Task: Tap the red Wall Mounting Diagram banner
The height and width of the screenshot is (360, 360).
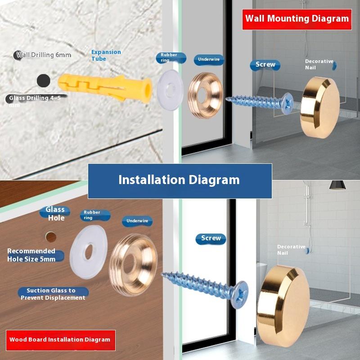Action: (x=297, y=19)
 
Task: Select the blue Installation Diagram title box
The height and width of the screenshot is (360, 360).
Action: (x=180, y=181)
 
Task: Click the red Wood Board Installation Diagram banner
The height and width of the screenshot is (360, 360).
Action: (x=61, y=340)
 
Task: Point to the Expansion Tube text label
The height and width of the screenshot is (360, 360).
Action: (x=106, y=55)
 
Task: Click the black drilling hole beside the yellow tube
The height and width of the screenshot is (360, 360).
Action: (x=43, y=81)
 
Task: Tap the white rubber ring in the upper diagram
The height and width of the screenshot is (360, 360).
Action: (x=170, y=90)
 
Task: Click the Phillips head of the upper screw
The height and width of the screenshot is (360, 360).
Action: (x=288, y=103)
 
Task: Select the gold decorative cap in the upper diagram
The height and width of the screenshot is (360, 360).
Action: (x=320, y=108)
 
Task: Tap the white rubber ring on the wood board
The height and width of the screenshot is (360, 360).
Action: (x=89, y=252)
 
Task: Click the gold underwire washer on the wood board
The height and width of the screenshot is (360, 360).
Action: (x=133, y=265)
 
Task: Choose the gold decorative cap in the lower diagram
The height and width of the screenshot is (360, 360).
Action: (x=283, y=302)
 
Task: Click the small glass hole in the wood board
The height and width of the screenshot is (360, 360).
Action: (x=51, y=237)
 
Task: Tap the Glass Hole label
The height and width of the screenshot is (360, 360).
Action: (x=55, y=213)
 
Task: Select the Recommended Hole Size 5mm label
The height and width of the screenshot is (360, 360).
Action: (x=31, y=255)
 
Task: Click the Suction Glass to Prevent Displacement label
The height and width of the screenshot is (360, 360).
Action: (x=53, y=294)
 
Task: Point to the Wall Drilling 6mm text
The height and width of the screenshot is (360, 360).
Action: (x=44, y=55)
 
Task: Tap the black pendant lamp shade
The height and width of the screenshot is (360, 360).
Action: (x=337, y=185)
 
